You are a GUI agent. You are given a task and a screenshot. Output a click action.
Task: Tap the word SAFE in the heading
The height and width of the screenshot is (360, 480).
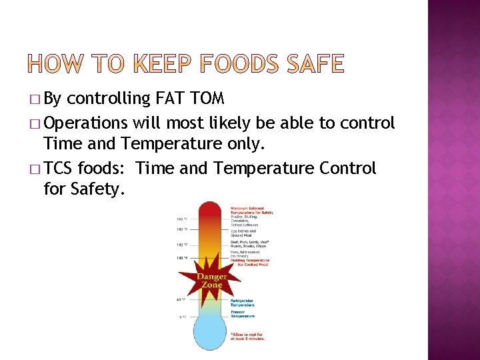[x=317, y=64]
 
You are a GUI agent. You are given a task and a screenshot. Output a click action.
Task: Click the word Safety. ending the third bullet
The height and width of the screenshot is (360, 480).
[x=83, y=189]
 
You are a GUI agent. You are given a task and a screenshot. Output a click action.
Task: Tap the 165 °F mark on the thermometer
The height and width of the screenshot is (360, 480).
[x=181, y=219]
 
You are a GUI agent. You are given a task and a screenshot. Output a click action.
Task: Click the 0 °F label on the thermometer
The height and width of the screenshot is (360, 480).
[x=183, y=317]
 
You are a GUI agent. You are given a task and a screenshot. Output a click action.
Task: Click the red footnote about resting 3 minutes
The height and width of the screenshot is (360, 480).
[x=248, y=336]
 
